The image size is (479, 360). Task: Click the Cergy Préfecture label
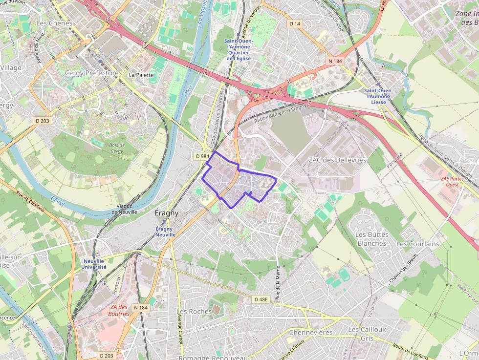coord(91,73)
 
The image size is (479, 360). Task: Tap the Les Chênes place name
coord(54,23)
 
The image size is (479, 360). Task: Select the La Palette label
coord(141,75)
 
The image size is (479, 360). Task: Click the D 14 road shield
coord(295,23)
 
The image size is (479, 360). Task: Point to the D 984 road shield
coord(202,156)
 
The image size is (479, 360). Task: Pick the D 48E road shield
coord(261,299)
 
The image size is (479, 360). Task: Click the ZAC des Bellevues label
coord(337,160)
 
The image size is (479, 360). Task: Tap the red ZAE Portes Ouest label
coord(452,182)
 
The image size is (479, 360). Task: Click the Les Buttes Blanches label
coord(371,239)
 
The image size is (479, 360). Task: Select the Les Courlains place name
coord(417,244)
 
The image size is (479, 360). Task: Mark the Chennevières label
coord(311,333)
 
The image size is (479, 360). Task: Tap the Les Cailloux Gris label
coord(367,334)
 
